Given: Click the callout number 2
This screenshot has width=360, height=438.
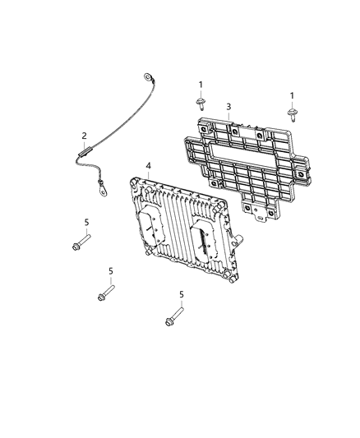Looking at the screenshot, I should click(x=83, y=136).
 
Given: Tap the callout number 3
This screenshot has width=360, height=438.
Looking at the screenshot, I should click(x=228, y=106).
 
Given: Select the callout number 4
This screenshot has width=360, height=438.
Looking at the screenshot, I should click(x=148, y=166).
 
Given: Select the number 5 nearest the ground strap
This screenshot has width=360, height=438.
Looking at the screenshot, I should click(x=86, y=223).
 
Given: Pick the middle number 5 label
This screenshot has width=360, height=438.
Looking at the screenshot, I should click(x=111, y=271).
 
